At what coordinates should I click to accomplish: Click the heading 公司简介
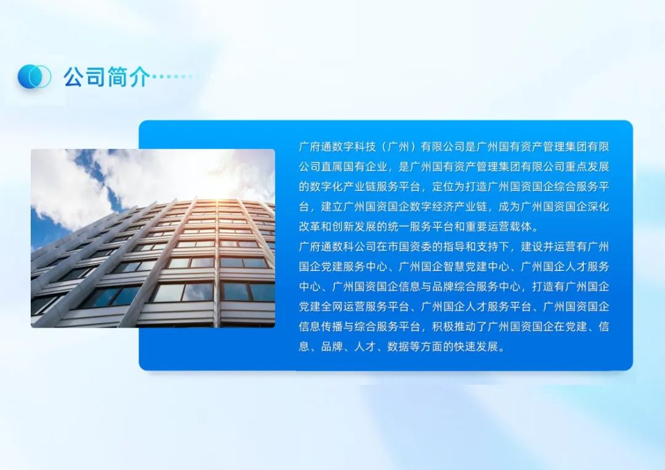[106, 77]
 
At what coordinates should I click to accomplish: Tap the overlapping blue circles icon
[34, 76]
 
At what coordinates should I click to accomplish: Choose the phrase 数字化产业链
[342, 186]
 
